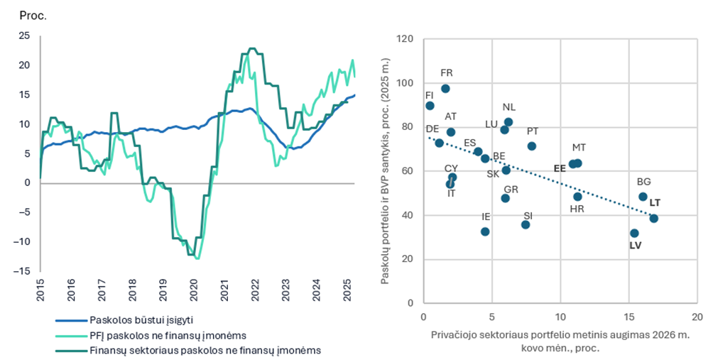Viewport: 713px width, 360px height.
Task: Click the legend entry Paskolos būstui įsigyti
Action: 141,320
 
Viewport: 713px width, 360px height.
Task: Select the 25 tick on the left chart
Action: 25,36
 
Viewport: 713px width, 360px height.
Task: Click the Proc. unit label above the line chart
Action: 33,16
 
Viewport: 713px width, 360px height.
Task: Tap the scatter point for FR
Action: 446,89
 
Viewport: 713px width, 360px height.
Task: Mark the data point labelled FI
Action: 430,106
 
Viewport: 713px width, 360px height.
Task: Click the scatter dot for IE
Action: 485,231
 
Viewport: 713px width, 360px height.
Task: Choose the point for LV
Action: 634,233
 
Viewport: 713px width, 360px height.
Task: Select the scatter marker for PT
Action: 532,146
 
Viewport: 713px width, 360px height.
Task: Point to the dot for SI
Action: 526,224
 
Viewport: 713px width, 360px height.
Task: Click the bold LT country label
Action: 655,203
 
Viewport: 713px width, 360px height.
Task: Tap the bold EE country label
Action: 560,168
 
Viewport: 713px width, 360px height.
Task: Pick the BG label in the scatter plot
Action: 644,182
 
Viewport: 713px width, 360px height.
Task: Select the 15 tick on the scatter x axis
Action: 628,317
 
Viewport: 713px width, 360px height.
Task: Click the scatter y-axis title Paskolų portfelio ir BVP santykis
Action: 385,171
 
